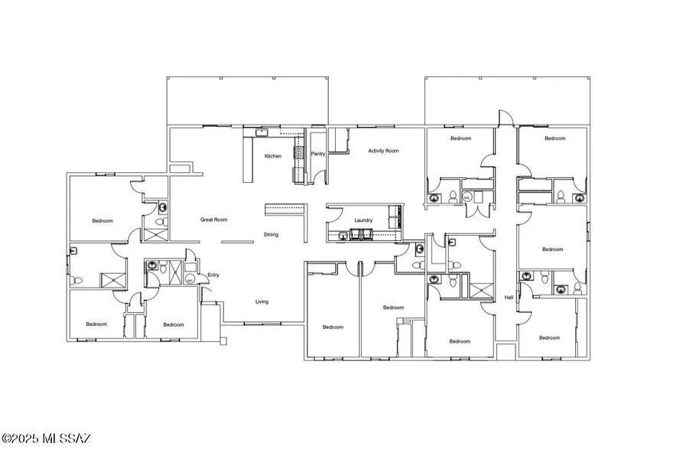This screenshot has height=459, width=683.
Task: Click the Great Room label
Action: click(214, 220)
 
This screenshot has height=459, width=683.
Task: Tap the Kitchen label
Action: click(273, 156)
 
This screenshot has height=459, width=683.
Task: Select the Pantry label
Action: click(318, 154)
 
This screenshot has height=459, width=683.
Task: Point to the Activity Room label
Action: click(383, 151)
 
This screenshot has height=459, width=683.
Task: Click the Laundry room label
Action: click(363, 220)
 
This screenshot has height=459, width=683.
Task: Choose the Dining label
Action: click(271, 235)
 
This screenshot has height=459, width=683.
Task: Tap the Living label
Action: click(262, 301)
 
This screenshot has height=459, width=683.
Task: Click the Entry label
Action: click(213, 275)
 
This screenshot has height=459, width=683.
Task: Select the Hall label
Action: click(509, 298)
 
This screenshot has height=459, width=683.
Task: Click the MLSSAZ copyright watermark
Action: click(46, 438)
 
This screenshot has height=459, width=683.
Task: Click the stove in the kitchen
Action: click(298, 152)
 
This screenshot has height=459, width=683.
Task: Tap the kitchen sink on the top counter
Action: click(262, 132)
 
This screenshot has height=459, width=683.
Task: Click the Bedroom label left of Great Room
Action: click(102, 221)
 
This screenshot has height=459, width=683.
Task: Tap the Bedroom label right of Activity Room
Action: click(461, 138)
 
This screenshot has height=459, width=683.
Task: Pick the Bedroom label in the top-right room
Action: click(555, 138)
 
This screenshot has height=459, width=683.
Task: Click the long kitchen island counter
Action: click(247, 159)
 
